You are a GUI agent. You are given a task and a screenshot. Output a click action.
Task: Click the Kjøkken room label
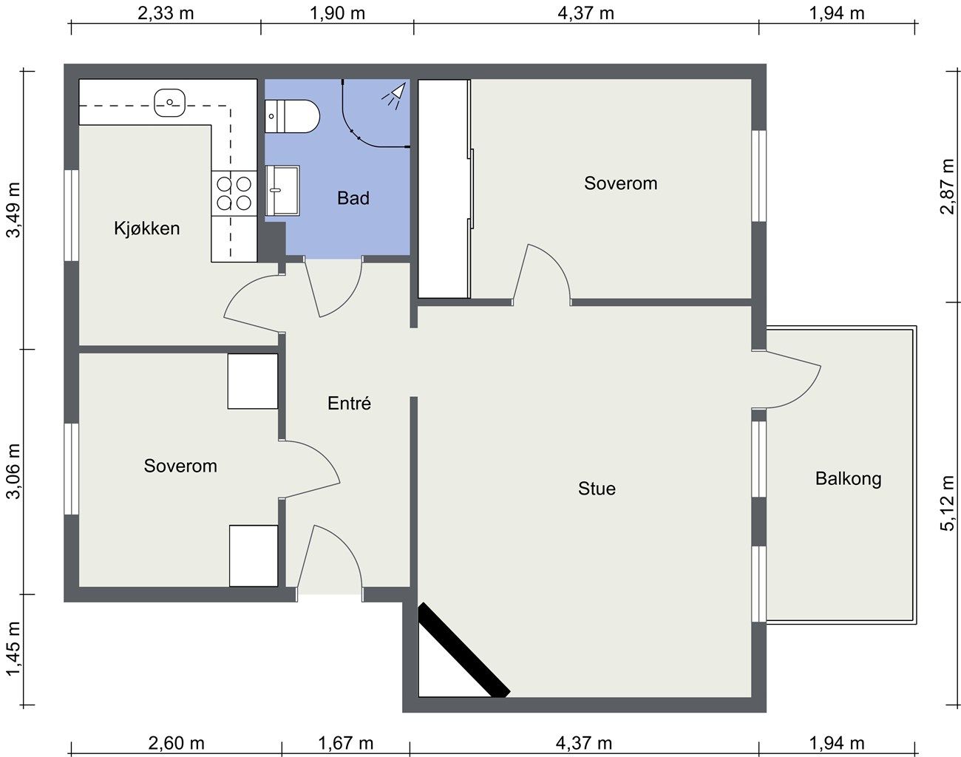147,228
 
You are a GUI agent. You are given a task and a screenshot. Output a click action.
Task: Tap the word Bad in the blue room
353,198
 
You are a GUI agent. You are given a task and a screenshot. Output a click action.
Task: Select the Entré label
349,403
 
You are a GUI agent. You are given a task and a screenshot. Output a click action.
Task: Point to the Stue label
597,489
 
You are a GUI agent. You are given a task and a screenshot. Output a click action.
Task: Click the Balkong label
849,479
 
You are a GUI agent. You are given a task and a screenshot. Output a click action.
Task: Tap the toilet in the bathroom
293,116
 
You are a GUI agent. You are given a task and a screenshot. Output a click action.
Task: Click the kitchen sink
169,103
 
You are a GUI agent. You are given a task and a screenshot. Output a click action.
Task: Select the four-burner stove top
234,194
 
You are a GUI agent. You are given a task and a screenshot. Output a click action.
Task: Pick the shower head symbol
394,95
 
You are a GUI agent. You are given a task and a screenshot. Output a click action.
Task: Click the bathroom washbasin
282,190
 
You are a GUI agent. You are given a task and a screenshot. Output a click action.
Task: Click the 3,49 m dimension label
13,210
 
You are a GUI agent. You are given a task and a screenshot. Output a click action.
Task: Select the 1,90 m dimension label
337,13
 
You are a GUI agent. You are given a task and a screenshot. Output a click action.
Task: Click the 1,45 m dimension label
13,649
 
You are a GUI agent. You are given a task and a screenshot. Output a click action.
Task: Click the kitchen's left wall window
72,215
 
